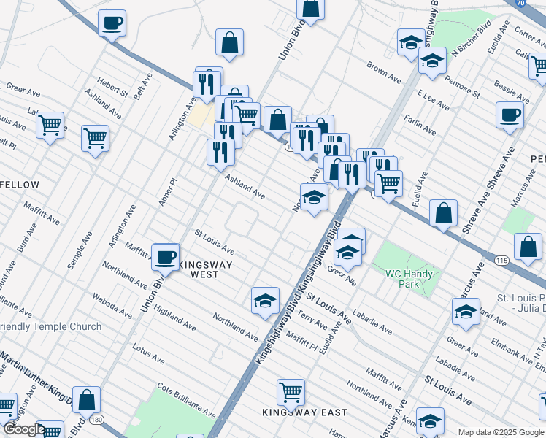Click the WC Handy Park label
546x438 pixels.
(409, 280)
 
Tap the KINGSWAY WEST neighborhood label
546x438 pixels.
(196, 269)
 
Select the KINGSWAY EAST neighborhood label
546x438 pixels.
(305, 412)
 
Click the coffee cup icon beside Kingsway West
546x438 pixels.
(166, 257)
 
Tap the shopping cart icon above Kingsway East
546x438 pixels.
(291, 392)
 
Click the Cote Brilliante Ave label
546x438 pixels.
(186, 403)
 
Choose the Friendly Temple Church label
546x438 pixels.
(51, 326)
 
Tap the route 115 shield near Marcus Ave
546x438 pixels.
(501, 260)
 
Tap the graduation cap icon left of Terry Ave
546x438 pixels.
(265, 300)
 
